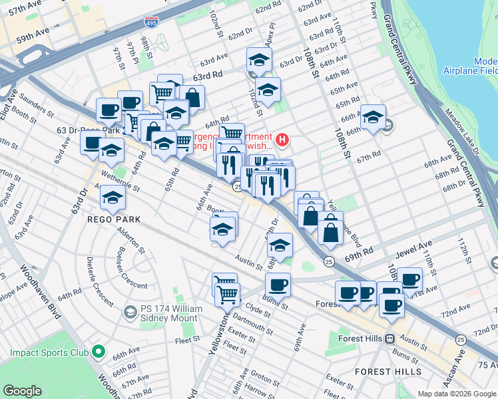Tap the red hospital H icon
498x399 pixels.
pyautogui.click(x=283, y=140)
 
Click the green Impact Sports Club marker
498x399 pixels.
pyautogui.click(x=99, y=350)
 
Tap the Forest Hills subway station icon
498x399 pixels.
pyautogui.click(x=389, y=338)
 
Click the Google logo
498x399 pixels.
pyautogui.click(x=23, y=391)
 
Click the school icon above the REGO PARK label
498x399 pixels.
pyautogui.click(x=112, y=196)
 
